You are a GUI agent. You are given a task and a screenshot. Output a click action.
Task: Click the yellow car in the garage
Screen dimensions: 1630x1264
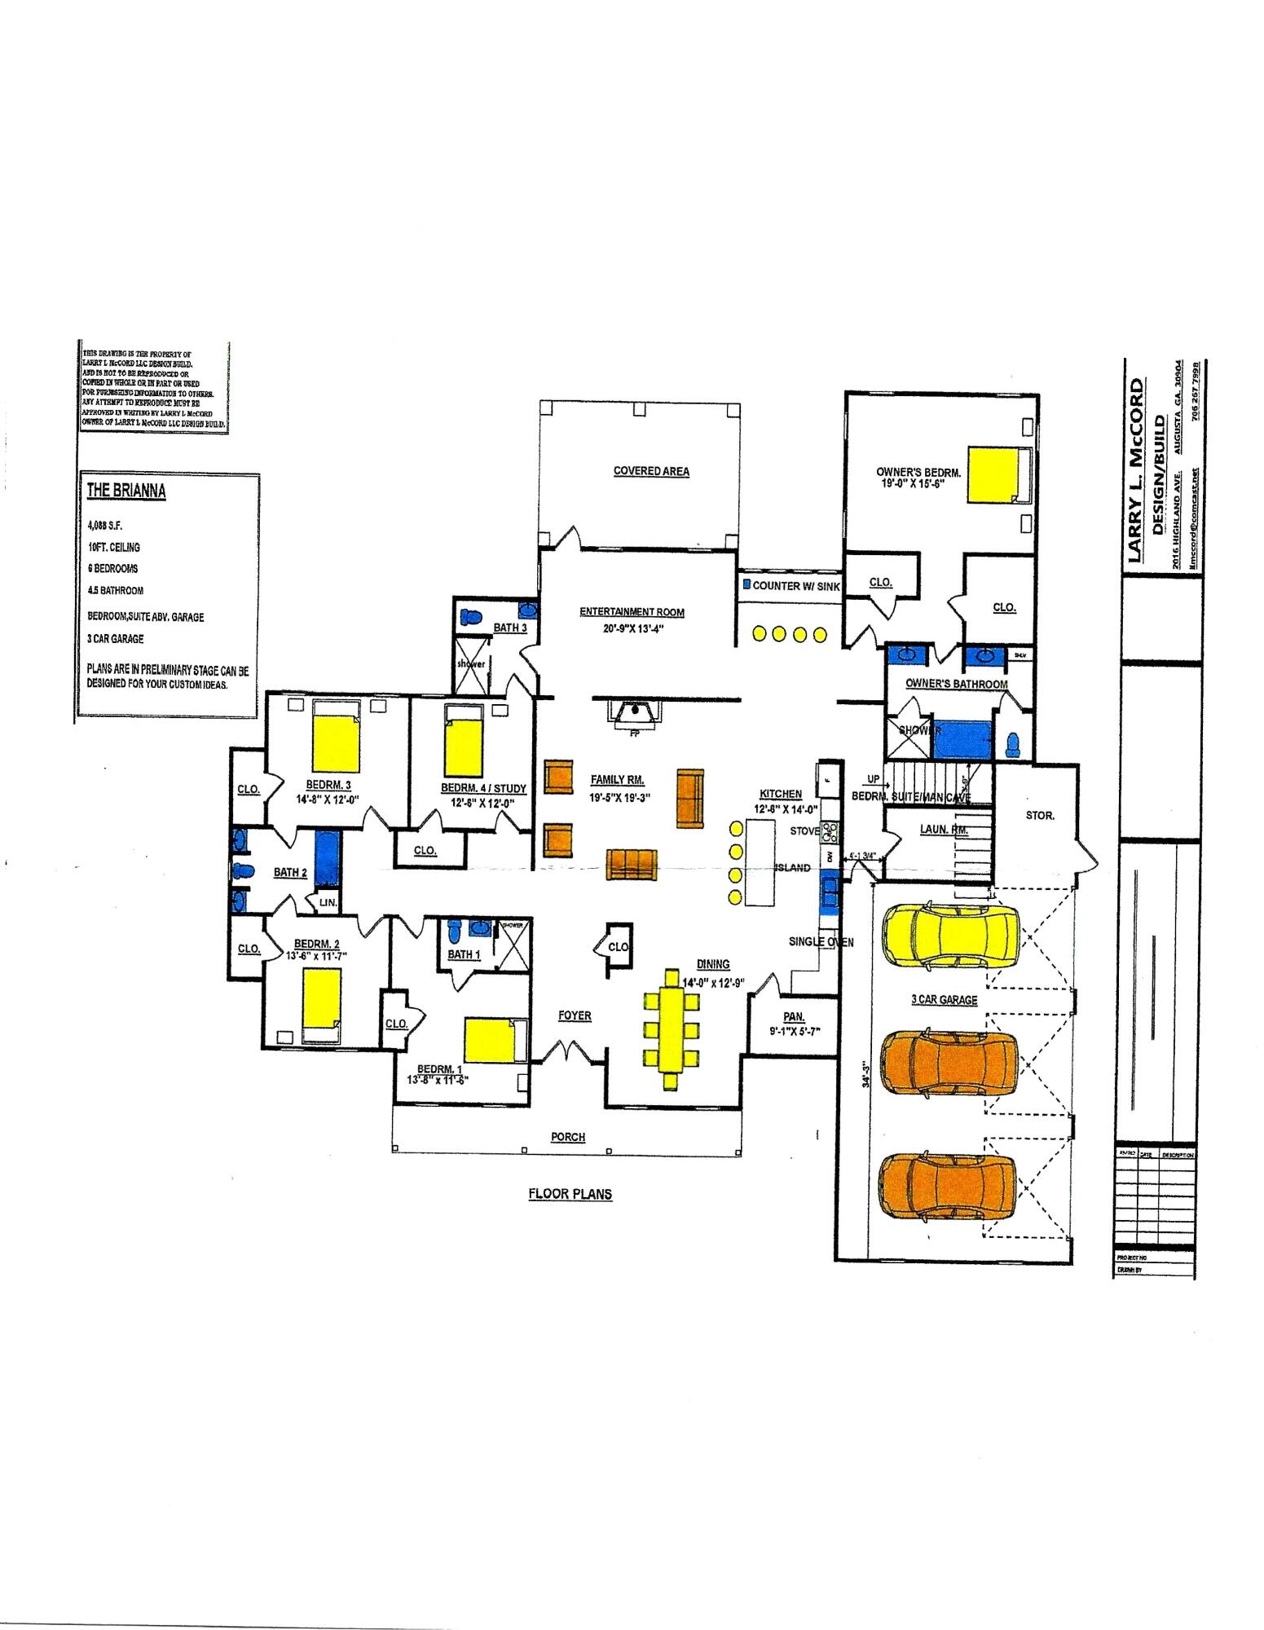pyautogui.click(x=950, y=935)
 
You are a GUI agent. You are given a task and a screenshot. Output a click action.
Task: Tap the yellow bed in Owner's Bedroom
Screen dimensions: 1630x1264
pyautogui.click(x=995, y=474)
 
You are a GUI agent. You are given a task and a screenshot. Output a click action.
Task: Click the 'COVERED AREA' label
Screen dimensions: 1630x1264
pyautogui.click(x=651, y=471)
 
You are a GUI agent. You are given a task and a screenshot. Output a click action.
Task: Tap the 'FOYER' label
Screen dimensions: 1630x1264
pyautogui.click(x=575, y=1015)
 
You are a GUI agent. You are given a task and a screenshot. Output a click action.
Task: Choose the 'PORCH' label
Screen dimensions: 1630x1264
pyautogui.click(x=568, y=1137)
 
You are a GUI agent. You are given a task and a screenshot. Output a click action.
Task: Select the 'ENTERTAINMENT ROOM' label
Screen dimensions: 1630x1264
pyautogui.click(x=632, y=612)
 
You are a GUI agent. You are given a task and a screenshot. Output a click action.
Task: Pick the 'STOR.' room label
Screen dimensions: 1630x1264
pyautogui.click(x=1040, y=815)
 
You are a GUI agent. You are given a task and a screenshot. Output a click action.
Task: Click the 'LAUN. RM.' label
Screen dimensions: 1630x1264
pyautogui.click(x=943, y=830)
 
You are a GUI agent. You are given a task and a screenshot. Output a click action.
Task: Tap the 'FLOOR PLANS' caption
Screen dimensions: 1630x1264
pyautogui.click(x=570, y=1194)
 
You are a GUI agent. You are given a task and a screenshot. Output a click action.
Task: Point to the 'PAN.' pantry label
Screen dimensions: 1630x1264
pyautogui.click(x=794, y=1016)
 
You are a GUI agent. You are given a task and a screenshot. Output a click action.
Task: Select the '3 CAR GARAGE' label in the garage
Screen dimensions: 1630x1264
pyautogui.click(x=944, y=999)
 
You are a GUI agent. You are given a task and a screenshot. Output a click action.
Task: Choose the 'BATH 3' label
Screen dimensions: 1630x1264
pyautogui.click(x=510, y=628)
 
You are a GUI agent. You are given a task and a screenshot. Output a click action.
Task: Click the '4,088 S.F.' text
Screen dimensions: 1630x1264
pyautogui.click(x=105, y=526)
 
